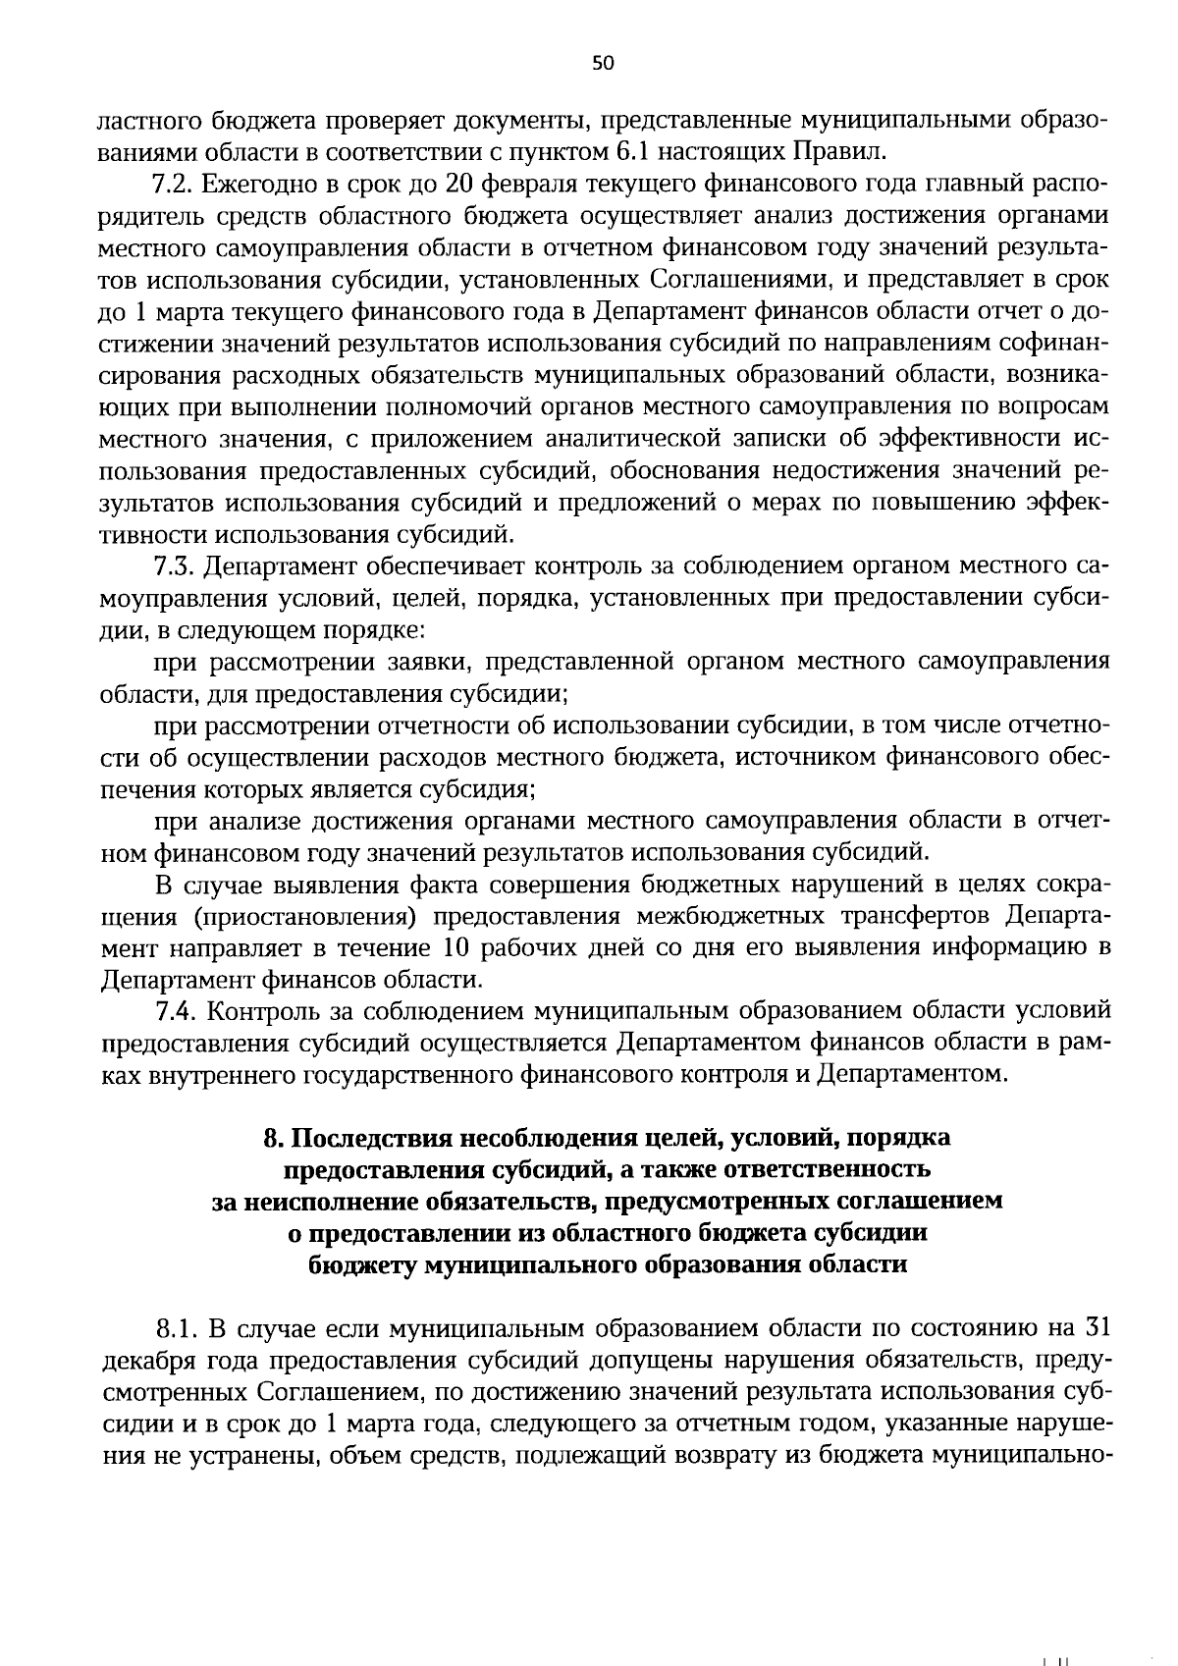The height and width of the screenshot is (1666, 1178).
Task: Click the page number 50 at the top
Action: (603, 64)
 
